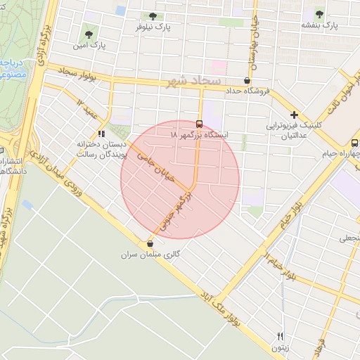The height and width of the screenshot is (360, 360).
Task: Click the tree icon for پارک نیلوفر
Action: point(153,16)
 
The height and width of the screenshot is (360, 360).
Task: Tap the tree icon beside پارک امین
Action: point(89,33)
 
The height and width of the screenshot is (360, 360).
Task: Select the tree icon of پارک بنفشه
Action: point(320,13)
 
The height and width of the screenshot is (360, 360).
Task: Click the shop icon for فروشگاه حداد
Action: point(247,80)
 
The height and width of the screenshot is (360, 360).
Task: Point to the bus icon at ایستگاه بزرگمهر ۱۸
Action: point(201,122)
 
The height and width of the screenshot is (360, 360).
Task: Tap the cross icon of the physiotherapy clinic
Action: point(294,115)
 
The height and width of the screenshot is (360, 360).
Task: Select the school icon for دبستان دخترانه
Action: point(102,132)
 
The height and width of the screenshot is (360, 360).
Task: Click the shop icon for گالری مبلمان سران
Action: point(149,244)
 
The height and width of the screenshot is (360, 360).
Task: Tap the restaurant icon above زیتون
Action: point(281,336)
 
